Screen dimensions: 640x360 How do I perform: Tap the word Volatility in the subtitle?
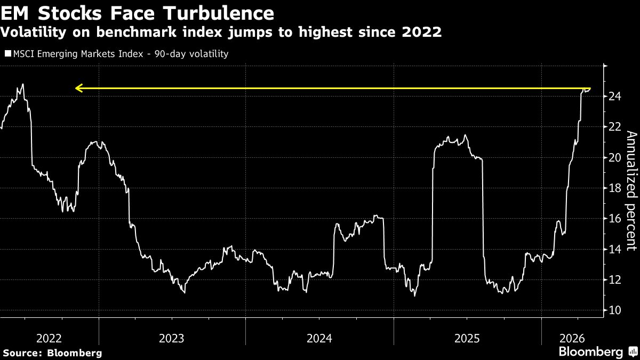(x=33, y=32)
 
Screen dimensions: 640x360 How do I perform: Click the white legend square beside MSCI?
(x=8, y=53)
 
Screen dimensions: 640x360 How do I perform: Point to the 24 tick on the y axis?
(x=614, y=97)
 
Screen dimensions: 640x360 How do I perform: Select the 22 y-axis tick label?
(x=614, y=127)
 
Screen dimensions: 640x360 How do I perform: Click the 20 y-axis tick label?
(x=614, y=157)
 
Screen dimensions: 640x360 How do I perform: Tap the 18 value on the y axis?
(x=614, y=188)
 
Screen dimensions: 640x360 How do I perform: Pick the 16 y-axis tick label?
(x=614, y=219)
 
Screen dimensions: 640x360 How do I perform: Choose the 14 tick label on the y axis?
(x=614, y=249)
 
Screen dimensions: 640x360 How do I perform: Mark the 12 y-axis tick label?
(x=614, y=279)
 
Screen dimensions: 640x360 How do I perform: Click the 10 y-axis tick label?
(x=614, y=310)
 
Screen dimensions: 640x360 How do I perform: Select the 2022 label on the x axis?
(x=49, y=339)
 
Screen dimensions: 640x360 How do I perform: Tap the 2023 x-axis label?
(x=171, y=339)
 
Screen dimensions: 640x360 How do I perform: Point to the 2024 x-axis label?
(x=319, y=339)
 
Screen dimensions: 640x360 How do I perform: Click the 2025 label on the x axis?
(x=467, y=339)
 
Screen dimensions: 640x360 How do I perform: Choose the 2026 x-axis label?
(x=572, y=339)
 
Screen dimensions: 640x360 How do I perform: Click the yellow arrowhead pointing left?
(x=79, y=89)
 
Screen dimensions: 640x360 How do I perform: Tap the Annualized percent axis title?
(x=631, y=191)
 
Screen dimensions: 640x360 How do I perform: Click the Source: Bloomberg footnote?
(x=52, y=353)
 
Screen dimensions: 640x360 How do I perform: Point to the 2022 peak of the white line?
(x=23, y=84)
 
